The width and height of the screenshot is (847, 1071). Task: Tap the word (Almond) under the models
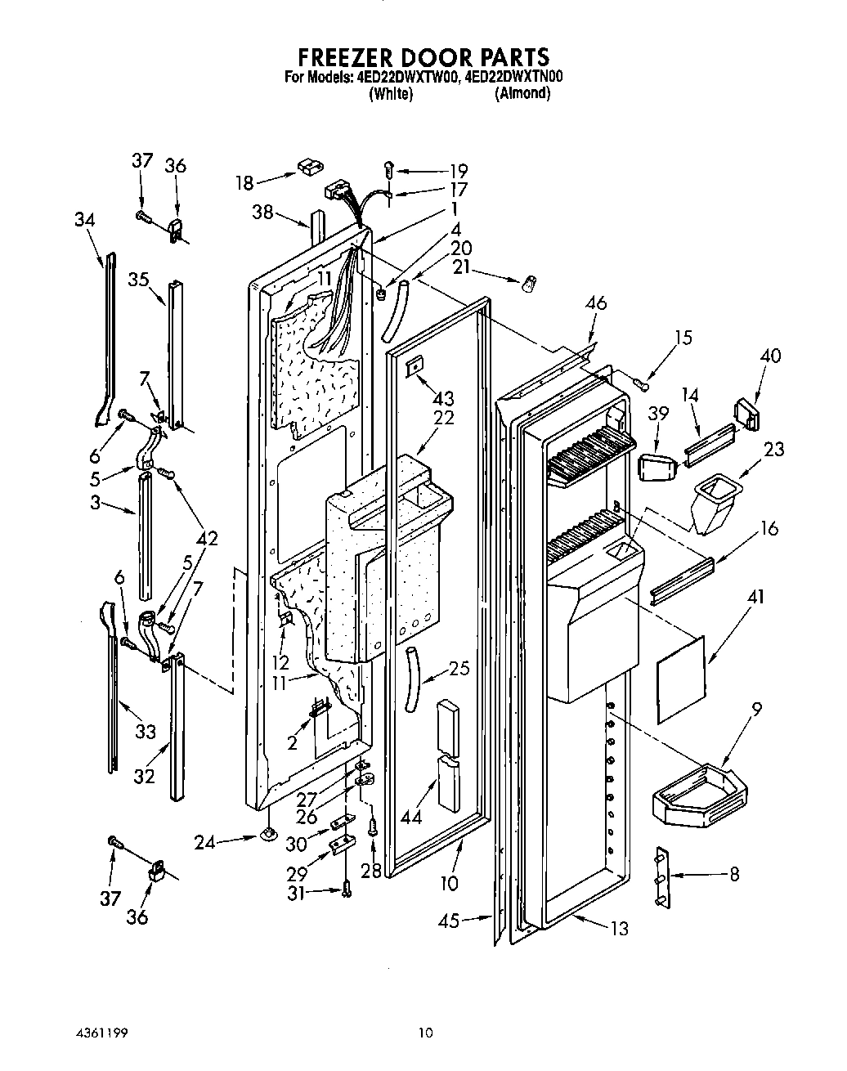point(522,94)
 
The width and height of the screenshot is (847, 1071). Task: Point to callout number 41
point(755,598)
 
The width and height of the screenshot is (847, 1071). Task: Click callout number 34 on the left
point(83,220)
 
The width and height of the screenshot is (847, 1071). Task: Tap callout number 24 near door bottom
point(204,840)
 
